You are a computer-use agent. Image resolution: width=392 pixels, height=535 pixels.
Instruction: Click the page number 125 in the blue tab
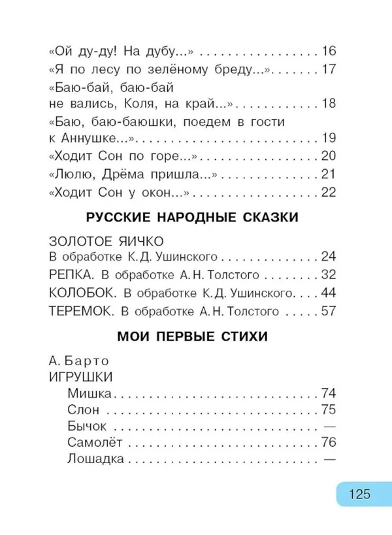tap(359, 493)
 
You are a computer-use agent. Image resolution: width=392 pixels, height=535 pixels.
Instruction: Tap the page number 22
tap(328, 191)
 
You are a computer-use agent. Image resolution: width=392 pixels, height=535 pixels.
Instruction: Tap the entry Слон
tap(83, 410)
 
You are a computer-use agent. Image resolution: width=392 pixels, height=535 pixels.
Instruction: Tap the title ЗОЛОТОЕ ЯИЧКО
tap(105, 240)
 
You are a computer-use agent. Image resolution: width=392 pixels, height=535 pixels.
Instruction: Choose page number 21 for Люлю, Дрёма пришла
tap(328, 174)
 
